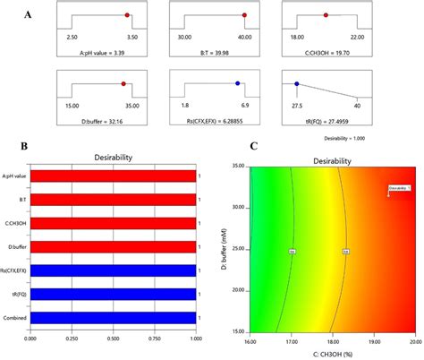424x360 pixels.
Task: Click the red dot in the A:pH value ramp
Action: (127, 15)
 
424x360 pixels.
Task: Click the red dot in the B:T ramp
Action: (242, 15)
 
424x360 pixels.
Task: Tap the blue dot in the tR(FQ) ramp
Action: (297, 84)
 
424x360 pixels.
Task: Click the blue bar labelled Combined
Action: (113, 317)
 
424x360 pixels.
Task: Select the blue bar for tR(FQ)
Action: (113, 294)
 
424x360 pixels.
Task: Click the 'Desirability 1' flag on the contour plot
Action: (399, 189)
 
